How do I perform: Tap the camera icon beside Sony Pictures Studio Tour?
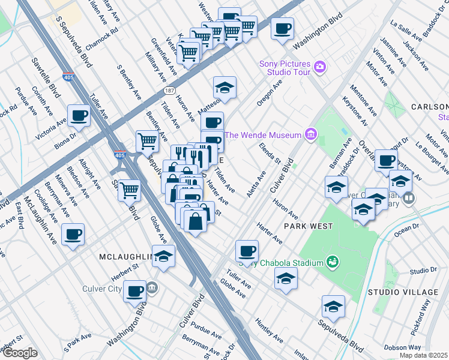tap(320, 65)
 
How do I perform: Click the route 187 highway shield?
tap(170, 91)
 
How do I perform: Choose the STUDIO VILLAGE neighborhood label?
tap(403, 292)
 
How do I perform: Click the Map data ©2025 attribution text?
tap(423, 355)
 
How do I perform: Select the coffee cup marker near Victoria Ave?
tap(78, 115)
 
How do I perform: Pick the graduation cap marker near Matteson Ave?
tap(224, 88)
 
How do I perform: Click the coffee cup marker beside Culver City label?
tap(135, 291)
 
